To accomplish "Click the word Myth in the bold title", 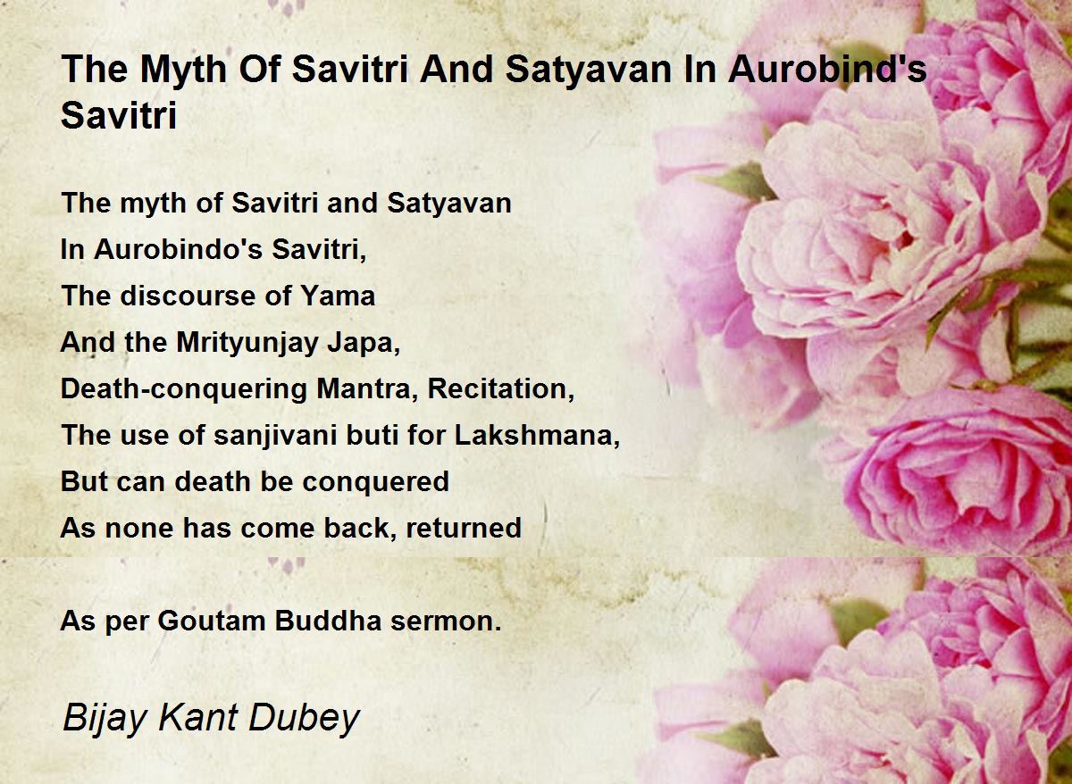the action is click(x=183, y=70).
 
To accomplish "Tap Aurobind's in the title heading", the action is click(x=828, y=69).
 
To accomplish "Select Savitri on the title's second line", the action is click(x=119, y=115).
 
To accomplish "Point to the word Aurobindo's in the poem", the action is click(x=178, y=249).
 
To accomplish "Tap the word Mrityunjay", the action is click(x=247, y=344).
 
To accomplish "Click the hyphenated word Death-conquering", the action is click(x=183, y=390).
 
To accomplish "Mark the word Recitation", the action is click(x=500, y=389).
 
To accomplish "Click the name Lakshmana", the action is click(x=537, y=435).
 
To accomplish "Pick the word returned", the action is click(x=464, y=528).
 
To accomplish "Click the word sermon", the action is click(x=446, y=621).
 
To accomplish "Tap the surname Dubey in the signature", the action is click(x=305, y=719).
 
